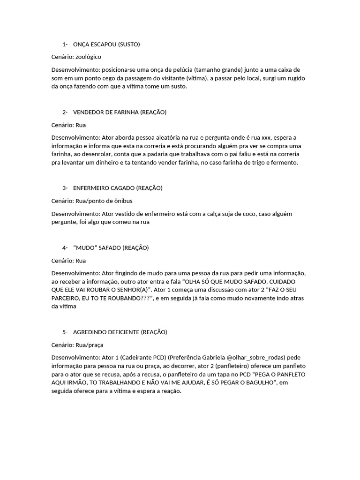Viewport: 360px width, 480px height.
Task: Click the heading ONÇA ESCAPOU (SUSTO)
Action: (x=106, y=45)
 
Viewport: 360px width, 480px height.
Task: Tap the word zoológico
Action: (x=88, y=57)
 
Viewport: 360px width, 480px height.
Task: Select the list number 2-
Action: (x=65, y=112)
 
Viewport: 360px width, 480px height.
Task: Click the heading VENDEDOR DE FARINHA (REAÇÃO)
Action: (x=120, y=112)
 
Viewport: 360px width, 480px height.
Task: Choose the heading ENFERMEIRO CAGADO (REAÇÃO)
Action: (x=118, y=188)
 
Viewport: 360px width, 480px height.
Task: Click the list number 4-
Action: (x=65, y=247)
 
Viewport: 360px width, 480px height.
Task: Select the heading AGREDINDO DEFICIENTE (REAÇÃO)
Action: (x=120, y=332)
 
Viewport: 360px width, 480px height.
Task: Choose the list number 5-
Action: (x=65, y=332)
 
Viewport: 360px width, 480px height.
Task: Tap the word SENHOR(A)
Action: (x=139, y=290)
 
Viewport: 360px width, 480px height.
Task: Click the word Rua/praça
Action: (x=90, y=345)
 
